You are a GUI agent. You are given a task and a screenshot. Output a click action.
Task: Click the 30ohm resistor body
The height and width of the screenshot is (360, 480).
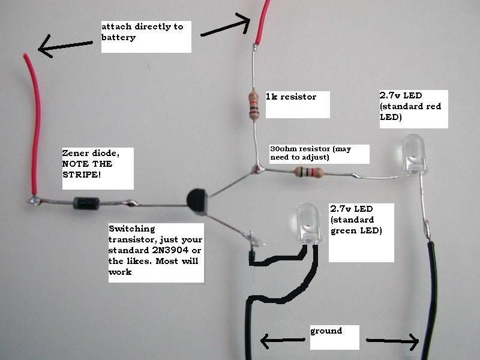[x=308, y=173]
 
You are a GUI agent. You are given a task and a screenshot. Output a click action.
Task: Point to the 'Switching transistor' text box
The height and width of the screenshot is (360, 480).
[x=155, y=250]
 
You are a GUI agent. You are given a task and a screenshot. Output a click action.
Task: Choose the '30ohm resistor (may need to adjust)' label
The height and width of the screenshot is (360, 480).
[x=318, y=153]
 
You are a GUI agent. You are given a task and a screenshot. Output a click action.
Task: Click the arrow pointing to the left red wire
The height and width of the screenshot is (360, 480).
[x=66, y=47]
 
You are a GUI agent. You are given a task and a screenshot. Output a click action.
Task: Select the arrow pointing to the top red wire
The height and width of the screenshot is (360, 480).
[x=225, y=27]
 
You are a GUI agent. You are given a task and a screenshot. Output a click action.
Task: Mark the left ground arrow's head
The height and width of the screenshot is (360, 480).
[x=265, y=341]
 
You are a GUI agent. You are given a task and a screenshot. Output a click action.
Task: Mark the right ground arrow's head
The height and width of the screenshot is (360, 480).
[x=414, y=342]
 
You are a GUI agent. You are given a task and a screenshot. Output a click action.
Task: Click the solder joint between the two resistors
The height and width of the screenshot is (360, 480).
[x=259, y=169]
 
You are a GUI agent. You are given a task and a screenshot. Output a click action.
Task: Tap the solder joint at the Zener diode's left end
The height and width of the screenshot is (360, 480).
[x=34, y=200]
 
